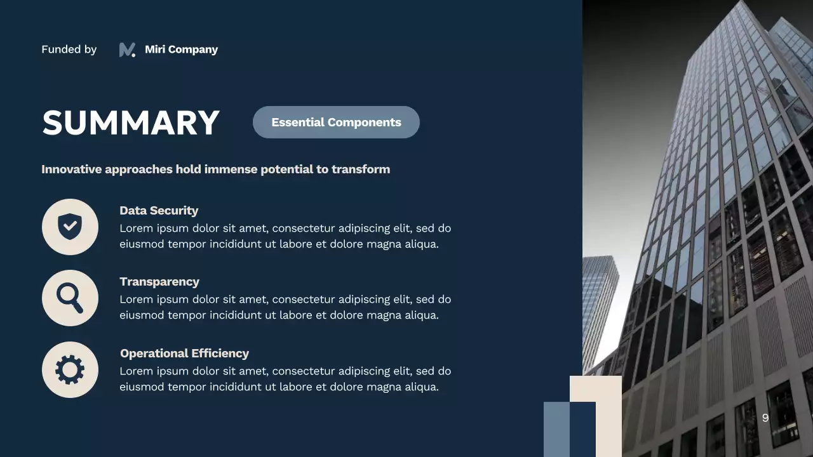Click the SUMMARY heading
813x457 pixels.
tap(130, 123)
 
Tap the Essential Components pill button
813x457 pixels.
tap(336, 122)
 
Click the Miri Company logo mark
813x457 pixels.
tap(127, 50)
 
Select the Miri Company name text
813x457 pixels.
tap(181, 50)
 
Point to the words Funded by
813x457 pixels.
tap(69, 50)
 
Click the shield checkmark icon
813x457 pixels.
tap(70, 227)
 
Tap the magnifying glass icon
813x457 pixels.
tap(70, 298)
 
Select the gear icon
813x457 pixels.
tap(70, 369)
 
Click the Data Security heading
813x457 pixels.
tap(159, 211)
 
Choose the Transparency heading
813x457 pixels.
tap(159, 282)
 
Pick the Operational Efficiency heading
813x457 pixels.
tap(184, 354)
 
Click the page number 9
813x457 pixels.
tap(765, 418)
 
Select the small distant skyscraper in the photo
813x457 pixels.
tap(600, 305)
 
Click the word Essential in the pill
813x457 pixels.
tap(298, 122)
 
